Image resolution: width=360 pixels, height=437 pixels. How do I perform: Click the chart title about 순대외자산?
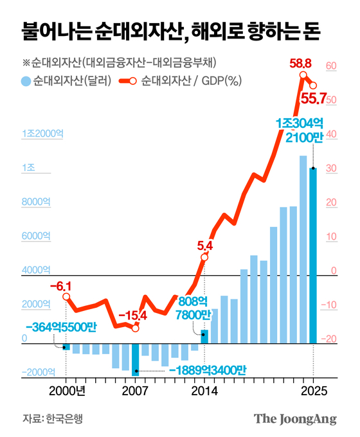(171, 30)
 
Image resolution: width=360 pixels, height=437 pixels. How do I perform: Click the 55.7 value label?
(314, 99)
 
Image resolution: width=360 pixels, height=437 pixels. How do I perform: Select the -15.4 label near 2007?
(133, 316)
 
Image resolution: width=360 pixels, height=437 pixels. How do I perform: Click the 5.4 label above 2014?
(204, 245)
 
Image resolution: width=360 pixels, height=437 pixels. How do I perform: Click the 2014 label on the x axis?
(204, 391)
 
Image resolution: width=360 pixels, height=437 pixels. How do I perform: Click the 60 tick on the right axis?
(332, 66)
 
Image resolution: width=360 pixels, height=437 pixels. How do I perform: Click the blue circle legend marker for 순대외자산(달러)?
(26, 82)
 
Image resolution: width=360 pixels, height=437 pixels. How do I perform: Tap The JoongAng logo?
(295, 418)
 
